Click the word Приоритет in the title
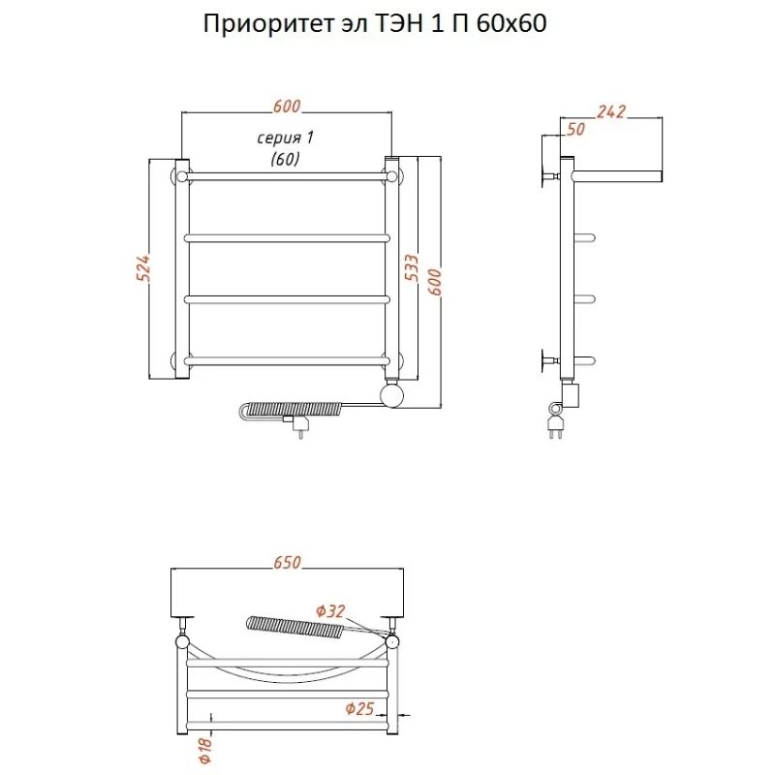pyautogui.click(x=268, y=24)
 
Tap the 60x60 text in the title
pyautogui.click(x=512, y=23)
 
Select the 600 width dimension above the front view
pyautogui.click(x=287, y=106)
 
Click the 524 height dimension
pyautogui.click(x=142, y=268)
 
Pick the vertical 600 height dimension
pyautogui.click(x=434, y=282)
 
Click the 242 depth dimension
pyautogui.click(x=611, y=111)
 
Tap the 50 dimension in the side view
pyautogui.click(x=575, y=129)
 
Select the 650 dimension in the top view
pyautogui.click(x=287, y=563)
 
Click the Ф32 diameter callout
pyautogui.click(x=330, y=611)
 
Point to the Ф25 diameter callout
pyautogui.click(x=359, y=709)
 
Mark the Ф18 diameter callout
pyautogui.click(x=206, y=750)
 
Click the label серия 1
pyautogui.click(x=285, y=138)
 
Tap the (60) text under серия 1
pyautogui.click(x=285, y=159)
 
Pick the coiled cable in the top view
pyautogui.click(x=293, y=627)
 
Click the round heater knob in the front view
pyautogui.click(x=392, y=396)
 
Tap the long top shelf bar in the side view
pyautogui.click(x=616, y=176)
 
